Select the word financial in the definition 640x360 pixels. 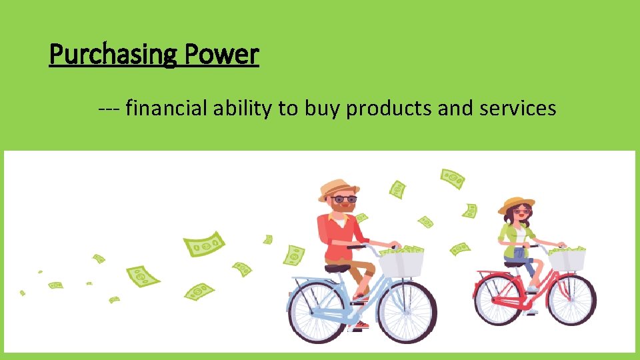(x=167, y=108)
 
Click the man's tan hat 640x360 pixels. (x=338, y=189)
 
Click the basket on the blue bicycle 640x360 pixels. (x=401, y=263)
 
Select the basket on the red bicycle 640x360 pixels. (x=567, y=259)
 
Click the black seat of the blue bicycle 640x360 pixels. (x=337, y=267)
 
